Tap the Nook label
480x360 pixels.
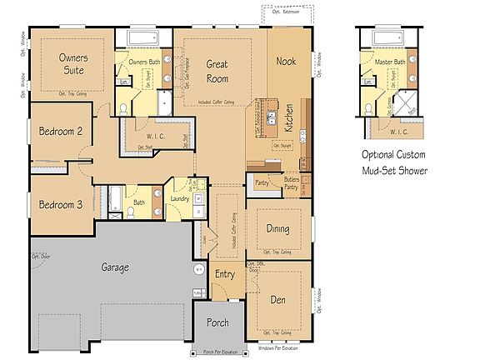[287, 61]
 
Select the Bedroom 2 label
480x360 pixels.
[60, 131]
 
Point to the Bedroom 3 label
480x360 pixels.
[60, 205]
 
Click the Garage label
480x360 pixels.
[115, 267]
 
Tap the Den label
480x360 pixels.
[278, 298]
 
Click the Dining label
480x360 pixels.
[277, 227]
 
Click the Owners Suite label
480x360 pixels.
[73, 64]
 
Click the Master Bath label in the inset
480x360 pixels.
[388, 62]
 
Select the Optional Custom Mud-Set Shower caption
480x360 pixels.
[393, 162]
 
